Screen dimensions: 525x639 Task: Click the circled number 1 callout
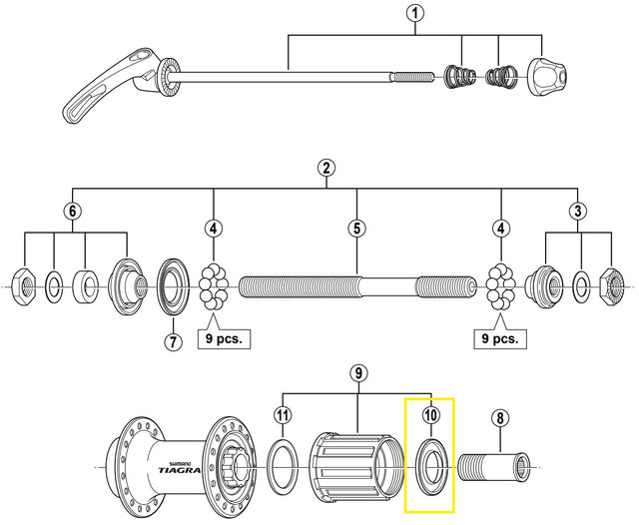tap(415, 14)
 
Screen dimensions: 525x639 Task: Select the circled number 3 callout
tap(577, 211)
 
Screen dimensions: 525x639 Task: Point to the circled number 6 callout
tap(70, 211)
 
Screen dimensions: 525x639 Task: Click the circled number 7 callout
tap(171, 341)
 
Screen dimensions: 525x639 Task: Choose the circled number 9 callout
tap(358, 373)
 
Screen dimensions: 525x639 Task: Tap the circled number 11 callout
tap(283, 414)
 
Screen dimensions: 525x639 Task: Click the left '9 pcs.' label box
tap(223, 339)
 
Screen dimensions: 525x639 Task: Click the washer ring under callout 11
tap(283, 464)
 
